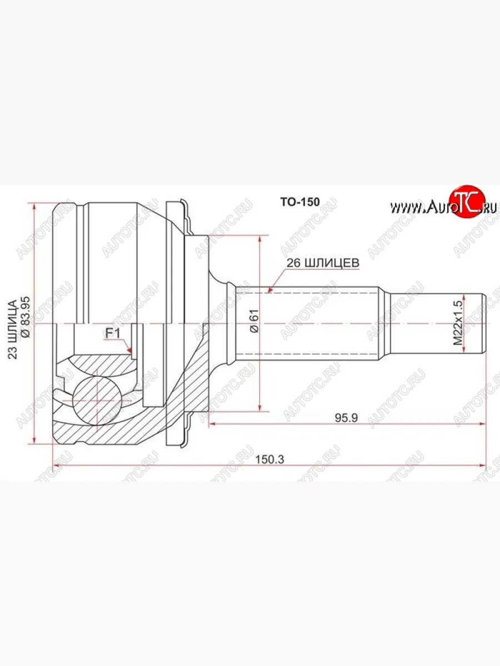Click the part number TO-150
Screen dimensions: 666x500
coord(299,202)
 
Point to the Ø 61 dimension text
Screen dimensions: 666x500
coord(254,322)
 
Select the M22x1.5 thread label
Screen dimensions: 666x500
coord(457,324)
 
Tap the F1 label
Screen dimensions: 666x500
coord(113,334)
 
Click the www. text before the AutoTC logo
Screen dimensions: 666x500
coord(406,208)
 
